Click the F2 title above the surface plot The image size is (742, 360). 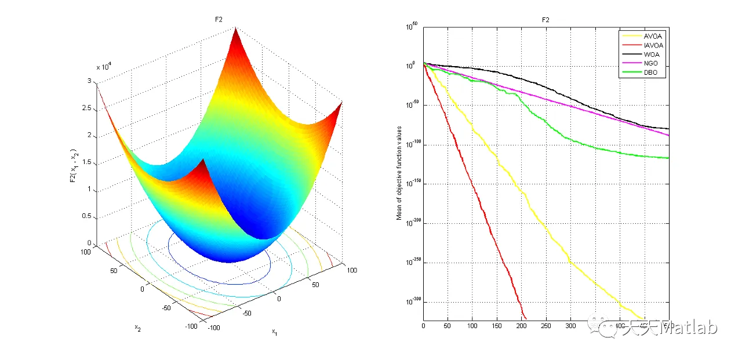coord(220,20)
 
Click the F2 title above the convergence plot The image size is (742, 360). coord(545,20)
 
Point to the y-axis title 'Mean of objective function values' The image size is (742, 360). coord(399,173)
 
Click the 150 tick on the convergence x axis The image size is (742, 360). coord(497,326)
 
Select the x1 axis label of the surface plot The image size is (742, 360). coord(275,332)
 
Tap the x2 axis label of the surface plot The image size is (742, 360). coord(138,328)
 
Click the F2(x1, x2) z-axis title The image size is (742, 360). coord(72,165)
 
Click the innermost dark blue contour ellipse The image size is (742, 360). coord(219,282)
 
